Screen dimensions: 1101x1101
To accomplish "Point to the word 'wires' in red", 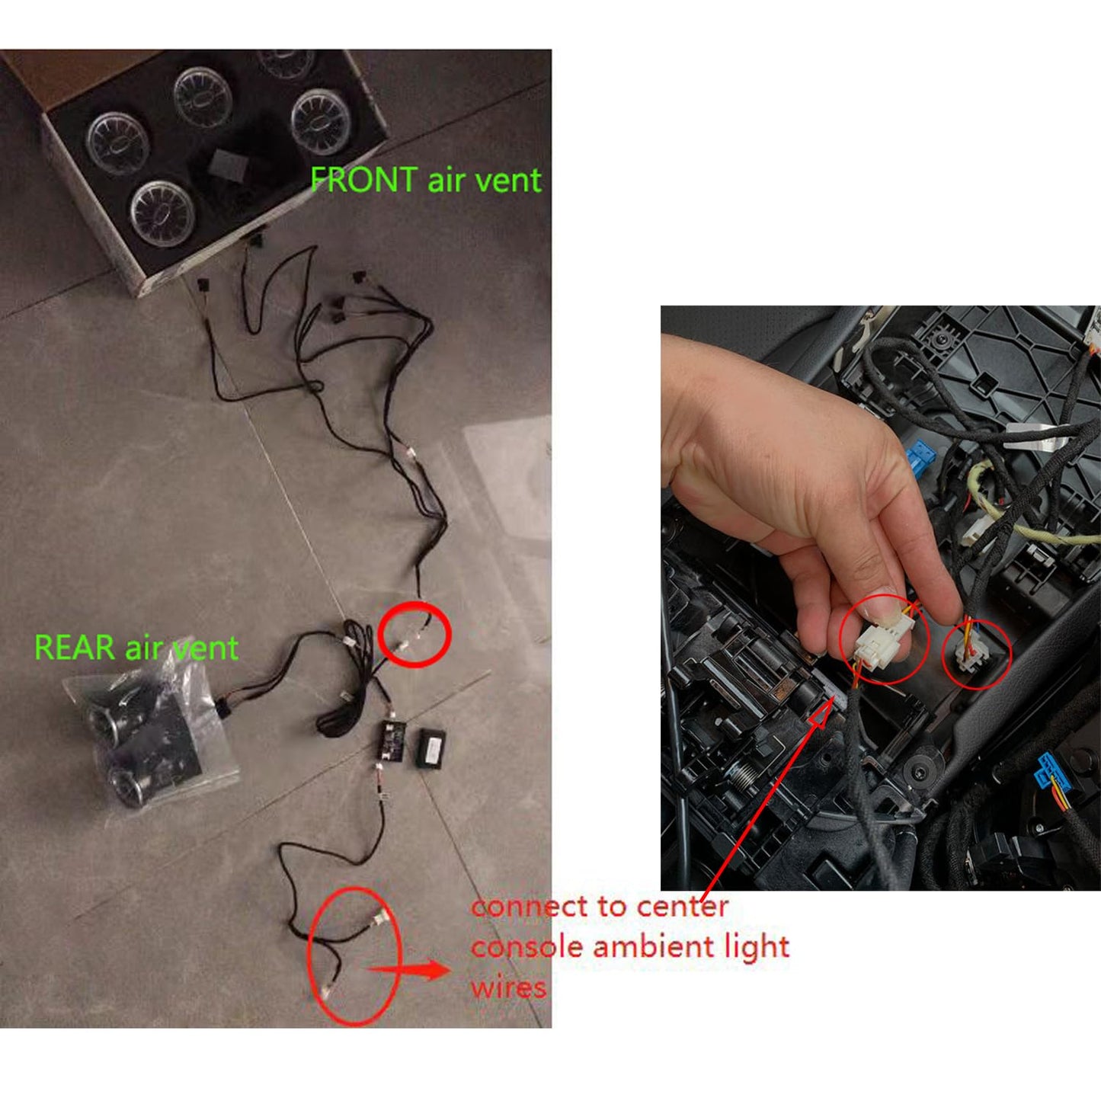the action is (508, 987).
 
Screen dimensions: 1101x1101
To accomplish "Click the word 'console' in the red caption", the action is (526, 947).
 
